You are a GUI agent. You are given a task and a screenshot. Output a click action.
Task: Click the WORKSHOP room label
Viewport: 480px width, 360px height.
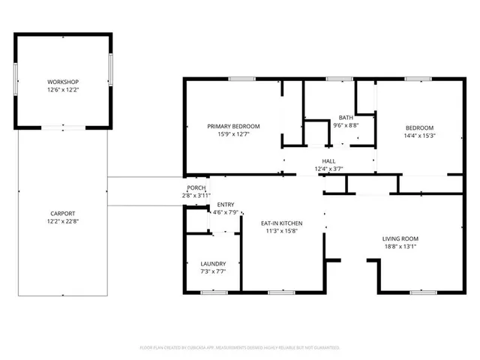pos(63,82)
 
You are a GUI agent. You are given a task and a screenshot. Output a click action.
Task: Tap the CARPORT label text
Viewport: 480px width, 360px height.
pos(63,214)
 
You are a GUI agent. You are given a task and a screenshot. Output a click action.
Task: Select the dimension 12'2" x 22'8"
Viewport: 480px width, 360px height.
pos(63,222)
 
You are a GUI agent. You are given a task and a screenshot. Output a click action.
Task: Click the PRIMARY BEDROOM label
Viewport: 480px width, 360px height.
pos(233,126)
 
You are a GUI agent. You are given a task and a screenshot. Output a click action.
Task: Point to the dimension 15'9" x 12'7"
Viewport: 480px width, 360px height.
pos(233,134)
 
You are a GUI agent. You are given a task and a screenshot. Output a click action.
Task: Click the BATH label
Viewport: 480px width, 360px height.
pos(346,117)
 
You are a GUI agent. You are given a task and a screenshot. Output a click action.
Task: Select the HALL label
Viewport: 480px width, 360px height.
pos(328,160)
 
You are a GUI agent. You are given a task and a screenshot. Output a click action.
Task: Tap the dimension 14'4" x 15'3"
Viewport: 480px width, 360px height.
pos(419,136)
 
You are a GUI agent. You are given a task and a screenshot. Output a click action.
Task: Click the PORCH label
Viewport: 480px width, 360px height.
pos(196,187)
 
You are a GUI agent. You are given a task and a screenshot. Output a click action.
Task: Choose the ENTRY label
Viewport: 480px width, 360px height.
pos(225,205)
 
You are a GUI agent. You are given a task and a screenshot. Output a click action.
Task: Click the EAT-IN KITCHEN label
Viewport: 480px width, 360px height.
pos(281,223)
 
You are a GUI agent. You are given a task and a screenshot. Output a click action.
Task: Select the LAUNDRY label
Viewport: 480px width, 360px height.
pos(213,264)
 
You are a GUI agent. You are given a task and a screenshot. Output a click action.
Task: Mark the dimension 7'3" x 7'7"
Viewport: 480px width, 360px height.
pos(213,272)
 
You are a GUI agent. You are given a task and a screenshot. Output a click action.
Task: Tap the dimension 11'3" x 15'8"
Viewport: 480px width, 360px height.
pos(281,232)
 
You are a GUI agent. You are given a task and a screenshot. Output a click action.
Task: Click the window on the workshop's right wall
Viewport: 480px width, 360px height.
pos(111,71)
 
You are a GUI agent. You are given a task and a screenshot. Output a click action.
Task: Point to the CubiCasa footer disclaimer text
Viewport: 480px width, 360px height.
pos(240,348)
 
